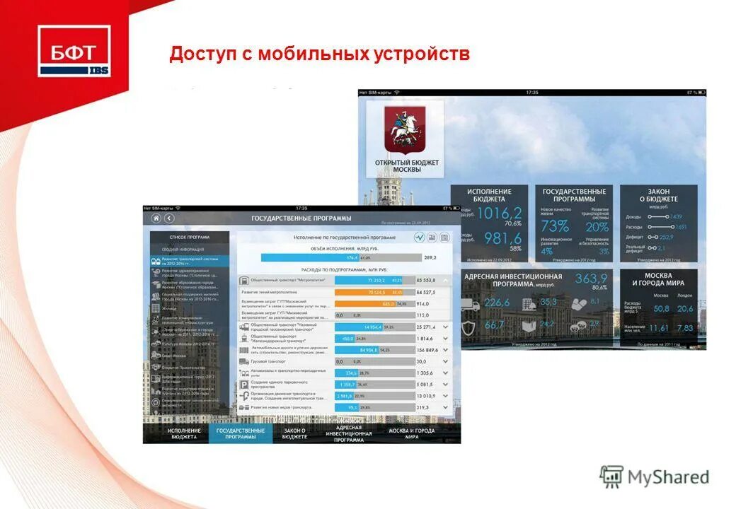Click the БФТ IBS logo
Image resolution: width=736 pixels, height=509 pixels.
[x=74, y=50]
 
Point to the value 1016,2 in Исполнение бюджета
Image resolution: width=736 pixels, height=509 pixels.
[x=500, y=213]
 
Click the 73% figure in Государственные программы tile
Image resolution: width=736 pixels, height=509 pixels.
[x=554, y=226]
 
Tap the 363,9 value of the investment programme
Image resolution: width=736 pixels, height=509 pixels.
[x=591, y=278]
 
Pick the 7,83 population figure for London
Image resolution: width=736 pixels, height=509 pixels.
[x=684, y=328]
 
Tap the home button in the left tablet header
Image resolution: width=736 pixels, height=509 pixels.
[x=156, y=218]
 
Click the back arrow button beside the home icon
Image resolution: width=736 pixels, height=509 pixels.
[x=169, y=218]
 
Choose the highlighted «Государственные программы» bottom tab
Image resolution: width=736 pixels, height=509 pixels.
[x=241, y=433]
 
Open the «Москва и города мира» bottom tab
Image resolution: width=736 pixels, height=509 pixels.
[x=411, y=433]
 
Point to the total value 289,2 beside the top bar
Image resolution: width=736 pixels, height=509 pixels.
[x=430, y=258]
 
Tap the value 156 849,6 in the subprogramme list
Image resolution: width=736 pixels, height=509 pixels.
[x=427, y=350]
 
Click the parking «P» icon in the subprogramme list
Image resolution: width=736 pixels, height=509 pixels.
[x=244, y=385]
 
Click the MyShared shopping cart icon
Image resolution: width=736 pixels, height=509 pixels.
[x=611, y=476]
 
